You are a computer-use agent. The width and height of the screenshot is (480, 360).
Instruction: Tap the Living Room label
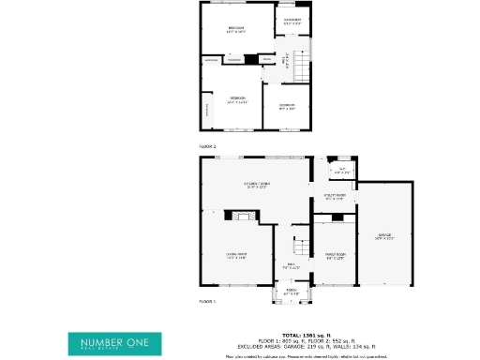point(235,255)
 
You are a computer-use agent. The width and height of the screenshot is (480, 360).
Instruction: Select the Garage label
point(384,236)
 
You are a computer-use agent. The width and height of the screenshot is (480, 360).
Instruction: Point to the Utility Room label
point(335,196)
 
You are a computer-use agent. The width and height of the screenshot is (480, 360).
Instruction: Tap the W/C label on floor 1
point(342,171)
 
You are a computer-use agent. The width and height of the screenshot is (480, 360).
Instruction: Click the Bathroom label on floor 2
point(292,21)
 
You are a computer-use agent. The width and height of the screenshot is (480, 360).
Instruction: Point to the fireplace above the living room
point(243,217)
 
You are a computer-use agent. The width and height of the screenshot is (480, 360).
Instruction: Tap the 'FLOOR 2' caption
point(207,147)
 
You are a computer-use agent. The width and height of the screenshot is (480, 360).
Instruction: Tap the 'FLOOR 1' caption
point(207,302)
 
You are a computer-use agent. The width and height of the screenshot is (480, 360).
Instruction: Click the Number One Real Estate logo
point(113,342)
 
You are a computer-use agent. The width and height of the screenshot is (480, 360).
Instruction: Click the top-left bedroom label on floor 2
point(236,30)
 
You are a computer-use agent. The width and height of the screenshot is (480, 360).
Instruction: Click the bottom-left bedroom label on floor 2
point(237,99)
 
